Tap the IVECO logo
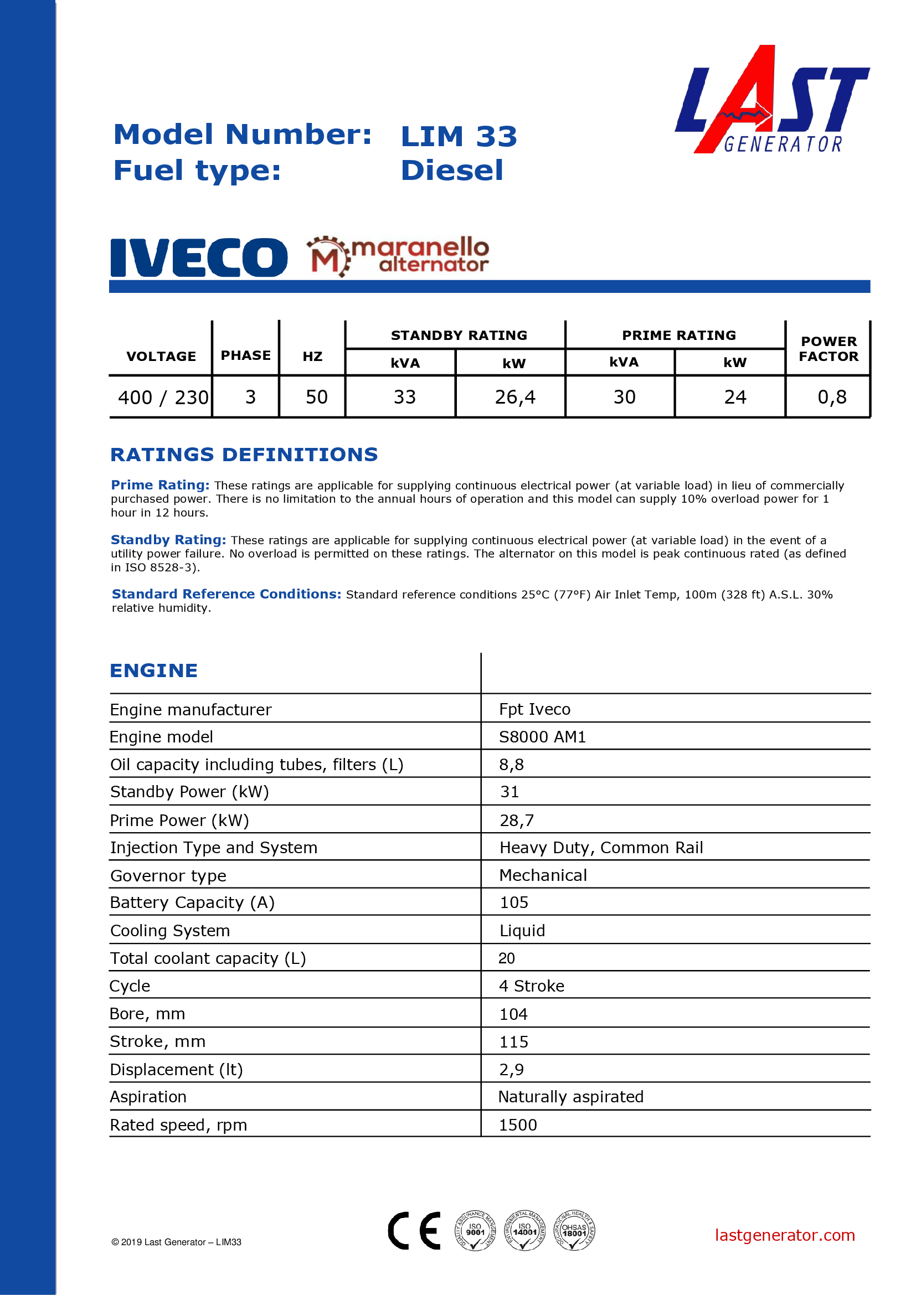pos(199,258)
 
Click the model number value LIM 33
pos(459,137)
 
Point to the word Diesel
pos(452,171)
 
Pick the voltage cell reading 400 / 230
pos(162,398)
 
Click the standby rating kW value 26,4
pos(514,398)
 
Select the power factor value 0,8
pos(831,398)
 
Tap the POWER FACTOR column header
pos(828,349)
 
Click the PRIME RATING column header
pos(678,336)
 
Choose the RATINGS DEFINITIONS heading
pos(244,455)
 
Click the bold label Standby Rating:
pos(168,540)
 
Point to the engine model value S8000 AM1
pos(542,737)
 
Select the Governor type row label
pos(168,876)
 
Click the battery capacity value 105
pos(514,902)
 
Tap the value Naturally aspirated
pos(570,1096)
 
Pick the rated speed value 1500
pos(517,1124)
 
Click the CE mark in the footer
pos(414,1230)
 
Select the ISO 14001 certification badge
pos(524,1230)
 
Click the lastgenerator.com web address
pos(784,1235)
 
